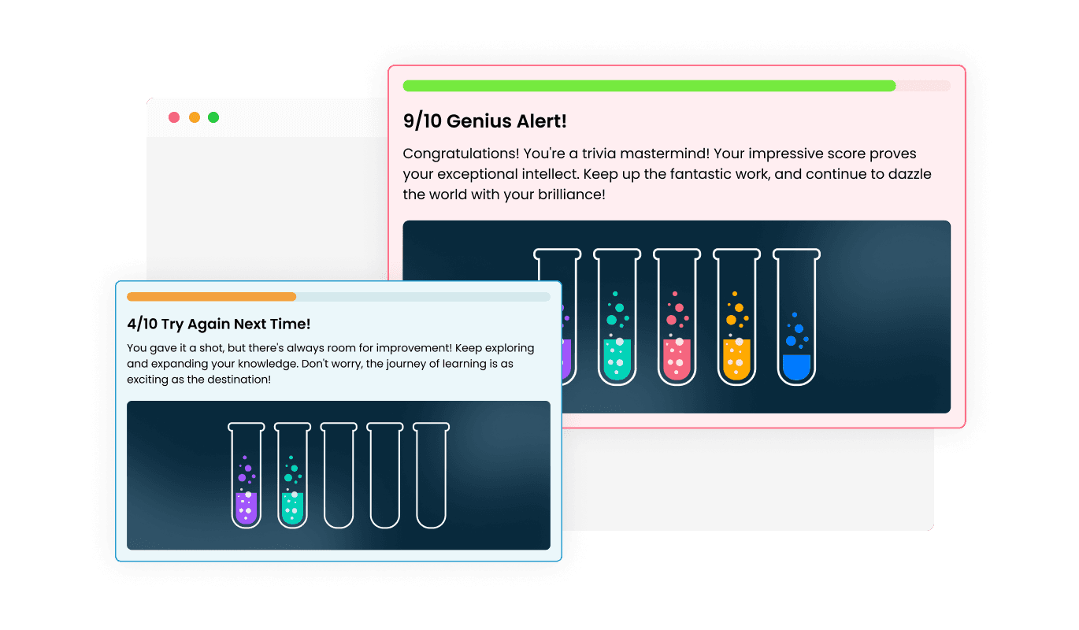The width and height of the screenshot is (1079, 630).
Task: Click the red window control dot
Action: pos(174,117)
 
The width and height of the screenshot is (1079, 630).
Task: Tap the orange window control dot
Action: pos(195,117)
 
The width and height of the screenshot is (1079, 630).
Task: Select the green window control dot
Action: pos(213,117)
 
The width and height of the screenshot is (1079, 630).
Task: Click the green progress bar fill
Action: pos(649,86)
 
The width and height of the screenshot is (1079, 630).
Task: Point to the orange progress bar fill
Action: pos(211,297)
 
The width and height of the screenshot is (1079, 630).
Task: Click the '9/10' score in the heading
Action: pos(422,121)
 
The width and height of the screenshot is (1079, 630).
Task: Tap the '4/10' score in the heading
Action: pos(142,324)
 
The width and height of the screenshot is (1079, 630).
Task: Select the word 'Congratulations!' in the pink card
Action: pos(461,154)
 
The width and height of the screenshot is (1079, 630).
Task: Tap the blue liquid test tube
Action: pos(797,317)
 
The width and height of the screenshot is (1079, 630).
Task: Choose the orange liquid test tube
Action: pos(737,317)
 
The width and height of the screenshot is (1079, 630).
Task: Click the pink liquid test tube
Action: pos(677,317)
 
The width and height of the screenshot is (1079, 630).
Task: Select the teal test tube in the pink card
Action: pos(617,317)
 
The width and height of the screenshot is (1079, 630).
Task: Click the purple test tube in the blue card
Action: pos(247,476)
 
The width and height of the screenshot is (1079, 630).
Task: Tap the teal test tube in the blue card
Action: pos(292,476)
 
